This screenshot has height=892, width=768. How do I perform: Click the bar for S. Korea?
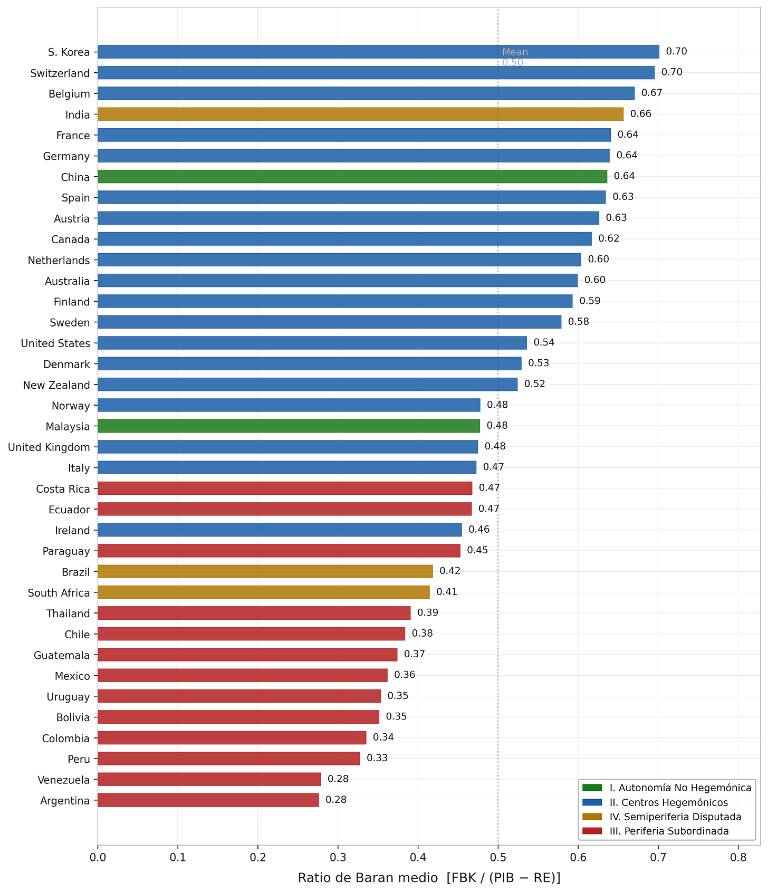click(x=379, y=52)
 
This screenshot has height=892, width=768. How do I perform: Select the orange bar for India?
click(x=361, y=114)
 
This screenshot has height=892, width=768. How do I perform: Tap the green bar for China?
click(x=353, y=177)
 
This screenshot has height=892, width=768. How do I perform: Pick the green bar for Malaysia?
click(x=290, y=426)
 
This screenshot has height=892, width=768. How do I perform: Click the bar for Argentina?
click(x=209, y=800)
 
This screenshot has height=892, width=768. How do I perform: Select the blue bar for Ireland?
click(x=280, y=530)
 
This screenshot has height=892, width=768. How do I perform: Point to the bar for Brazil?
click(x=265, y=572)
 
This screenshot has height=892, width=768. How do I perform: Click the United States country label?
click(x=55, y=343)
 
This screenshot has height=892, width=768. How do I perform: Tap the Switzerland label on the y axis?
click(x=60, y=73)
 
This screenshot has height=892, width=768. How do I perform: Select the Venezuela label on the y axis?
click(x=64, y=780)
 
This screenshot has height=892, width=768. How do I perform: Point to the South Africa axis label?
click(x=59, y=593)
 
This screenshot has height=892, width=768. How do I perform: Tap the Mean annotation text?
click(x=515, y=52)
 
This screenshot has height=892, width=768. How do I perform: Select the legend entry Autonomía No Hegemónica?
click(x=680, y=788)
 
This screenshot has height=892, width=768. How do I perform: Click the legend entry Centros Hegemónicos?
click(x=668, y=803)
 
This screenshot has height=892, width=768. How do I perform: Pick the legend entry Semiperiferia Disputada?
click(x=675, y=817)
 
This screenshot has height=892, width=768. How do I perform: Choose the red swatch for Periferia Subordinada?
click(x=592, y=831)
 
